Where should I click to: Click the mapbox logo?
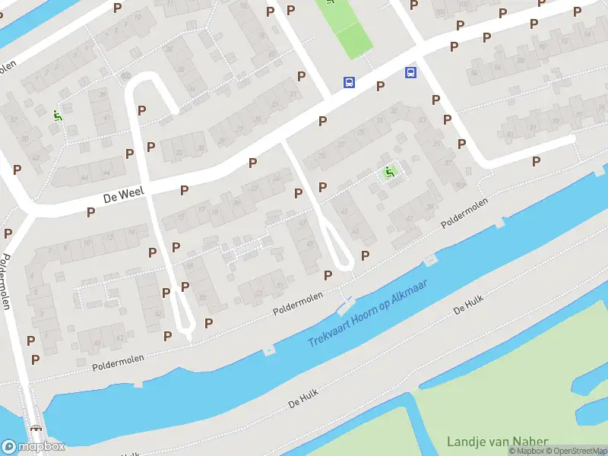[33, 446]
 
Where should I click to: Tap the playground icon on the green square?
[390, 172]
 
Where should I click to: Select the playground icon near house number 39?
[57, 116]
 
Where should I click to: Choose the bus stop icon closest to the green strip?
[349, 82]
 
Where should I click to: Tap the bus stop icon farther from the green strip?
[410, 73]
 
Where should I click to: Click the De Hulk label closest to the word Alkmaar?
[467, 306]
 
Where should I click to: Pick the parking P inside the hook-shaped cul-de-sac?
[141, 110]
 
